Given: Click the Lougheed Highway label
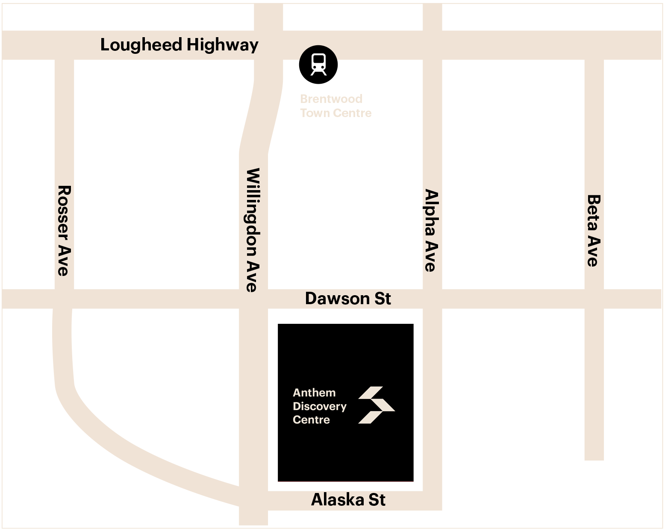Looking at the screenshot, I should click(179, 45).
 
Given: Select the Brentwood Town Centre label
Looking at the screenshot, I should click(335, 106).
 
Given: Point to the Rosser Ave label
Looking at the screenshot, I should click(64, 230).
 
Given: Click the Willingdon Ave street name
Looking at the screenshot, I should click(253, 230).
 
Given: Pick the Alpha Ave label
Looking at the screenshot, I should click(431, 231).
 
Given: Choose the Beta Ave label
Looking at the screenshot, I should click(594, 231).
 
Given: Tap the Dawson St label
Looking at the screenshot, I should click(347, 299).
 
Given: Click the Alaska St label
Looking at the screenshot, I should click(348, 500).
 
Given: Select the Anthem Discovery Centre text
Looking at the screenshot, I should click(319, 406).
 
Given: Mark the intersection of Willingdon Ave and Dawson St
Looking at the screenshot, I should click(253, 299).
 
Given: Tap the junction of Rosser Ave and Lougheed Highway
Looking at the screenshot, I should click(64, 45).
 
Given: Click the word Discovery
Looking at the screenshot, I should click(319, 406).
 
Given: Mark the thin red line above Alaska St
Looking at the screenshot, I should click(345, 481).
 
